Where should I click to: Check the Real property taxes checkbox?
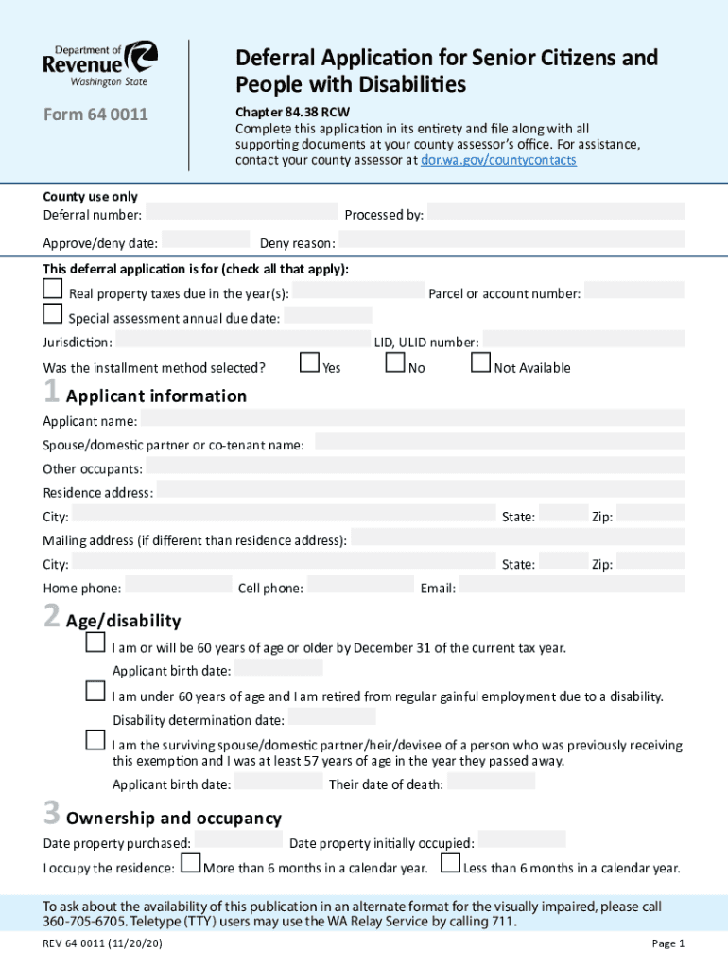(53, 288)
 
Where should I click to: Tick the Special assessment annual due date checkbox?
(53, 313)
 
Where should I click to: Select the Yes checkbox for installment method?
(309, 362)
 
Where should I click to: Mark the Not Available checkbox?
(480, 362)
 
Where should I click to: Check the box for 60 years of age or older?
(95, 643)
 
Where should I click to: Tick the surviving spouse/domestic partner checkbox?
(95, 739)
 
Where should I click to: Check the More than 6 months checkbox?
(190, 862)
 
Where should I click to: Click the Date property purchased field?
(238, 839)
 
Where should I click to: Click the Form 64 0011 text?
(95, 116)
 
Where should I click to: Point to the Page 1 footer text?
(667, 943)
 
